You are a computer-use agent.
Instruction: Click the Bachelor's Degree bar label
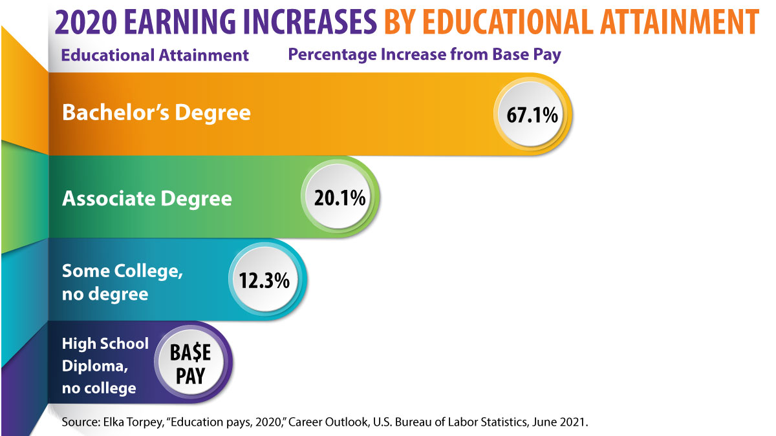coord(156,113)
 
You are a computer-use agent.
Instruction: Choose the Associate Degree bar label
coord(147,198)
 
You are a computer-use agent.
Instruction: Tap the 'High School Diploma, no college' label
coord(105,366)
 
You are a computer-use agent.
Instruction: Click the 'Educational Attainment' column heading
coord(155,56)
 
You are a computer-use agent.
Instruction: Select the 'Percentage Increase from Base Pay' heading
coord(424,54)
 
